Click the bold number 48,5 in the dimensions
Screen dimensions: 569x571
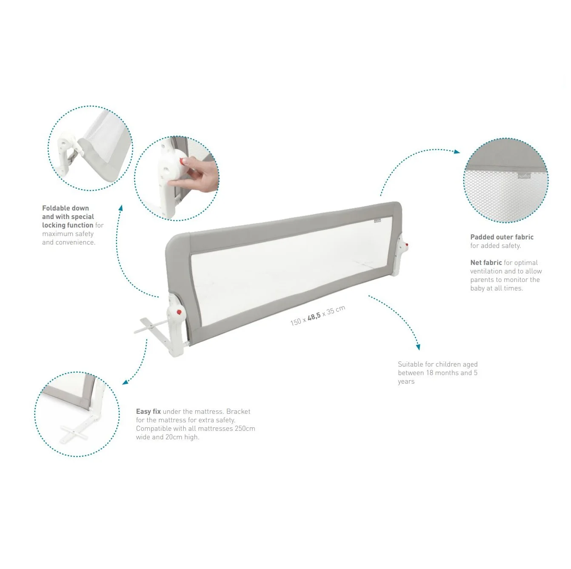tap(314, 316)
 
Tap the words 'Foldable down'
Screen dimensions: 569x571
tap(66, 208)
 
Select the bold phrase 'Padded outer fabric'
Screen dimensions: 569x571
tap(502, 237)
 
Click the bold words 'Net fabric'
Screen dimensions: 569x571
tap(486, 262)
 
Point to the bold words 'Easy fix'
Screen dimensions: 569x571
tap(148, 411)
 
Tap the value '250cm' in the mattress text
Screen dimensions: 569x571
tap(245, 428)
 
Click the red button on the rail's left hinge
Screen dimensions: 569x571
tap(179, 313)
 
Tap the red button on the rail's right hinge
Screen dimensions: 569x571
tap(407, 245)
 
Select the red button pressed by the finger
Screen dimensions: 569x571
tap(183, 161)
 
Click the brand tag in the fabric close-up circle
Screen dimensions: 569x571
tap(524, 175)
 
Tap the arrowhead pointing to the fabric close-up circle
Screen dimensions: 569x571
tap(457, 151)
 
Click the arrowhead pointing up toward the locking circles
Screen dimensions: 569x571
tap(120, 208)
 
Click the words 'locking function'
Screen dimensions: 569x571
tap(68, 225)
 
